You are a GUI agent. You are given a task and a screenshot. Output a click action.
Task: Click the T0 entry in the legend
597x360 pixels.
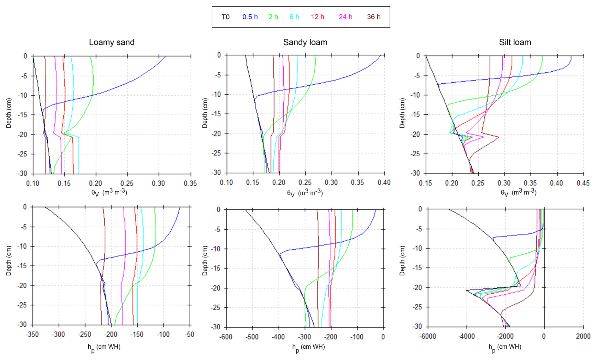[225, 17]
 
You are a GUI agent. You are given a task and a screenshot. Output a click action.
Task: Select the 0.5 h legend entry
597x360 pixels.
[250, 17]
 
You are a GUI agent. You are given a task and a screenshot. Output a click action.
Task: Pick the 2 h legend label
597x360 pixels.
[273, 17]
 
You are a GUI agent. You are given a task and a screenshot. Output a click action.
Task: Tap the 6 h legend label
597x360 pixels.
[294, 17]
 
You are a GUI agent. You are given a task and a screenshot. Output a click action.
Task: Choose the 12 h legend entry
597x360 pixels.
[317, 17]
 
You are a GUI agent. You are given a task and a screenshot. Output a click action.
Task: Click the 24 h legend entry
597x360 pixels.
[346, 17]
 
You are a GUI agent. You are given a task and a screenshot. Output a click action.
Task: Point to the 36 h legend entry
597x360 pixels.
[374, 17]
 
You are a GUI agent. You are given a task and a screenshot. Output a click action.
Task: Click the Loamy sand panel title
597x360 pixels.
[112, 42]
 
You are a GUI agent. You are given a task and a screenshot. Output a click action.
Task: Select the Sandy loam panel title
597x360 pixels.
[305, 42]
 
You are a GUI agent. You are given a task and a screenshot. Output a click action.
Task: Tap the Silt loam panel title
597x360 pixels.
[515, 42]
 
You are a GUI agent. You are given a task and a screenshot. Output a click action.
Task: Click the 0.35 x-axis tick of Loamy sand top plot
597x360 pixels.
[190, 183]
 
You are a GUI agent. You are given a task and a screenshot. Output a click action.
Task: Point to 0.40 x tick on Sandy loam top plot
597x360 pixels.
[384, 183]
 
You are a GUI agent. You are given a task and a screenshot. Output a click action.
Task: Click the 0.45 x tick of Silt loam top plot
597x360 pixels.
[583, 183]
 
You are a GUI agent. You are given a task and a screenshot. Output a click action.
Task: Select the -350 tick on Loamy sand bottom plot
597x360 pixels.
[33, 334]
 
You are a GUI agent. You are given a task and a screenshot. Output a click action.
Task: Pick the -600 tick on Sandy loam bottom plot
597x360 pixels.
[226, 337]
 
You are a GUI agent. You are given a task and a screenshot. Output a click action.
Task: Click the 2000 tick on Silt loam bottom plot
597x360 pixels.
[583, 336]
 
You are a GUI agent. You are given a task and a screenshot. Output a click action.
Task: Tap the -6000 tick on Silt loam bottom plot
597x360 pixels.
[428, 336]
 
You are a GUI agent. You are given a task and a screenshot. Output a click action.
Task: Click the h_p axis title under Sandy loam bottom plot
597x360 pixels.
[308, 347]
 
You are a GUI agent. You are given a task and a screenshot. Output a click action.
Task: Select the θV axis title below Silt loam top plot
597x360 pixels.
[518, 193]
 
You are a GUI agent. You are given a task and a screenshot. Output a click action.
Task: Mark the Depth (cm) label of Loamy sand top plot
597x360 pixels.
[9, 113]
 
